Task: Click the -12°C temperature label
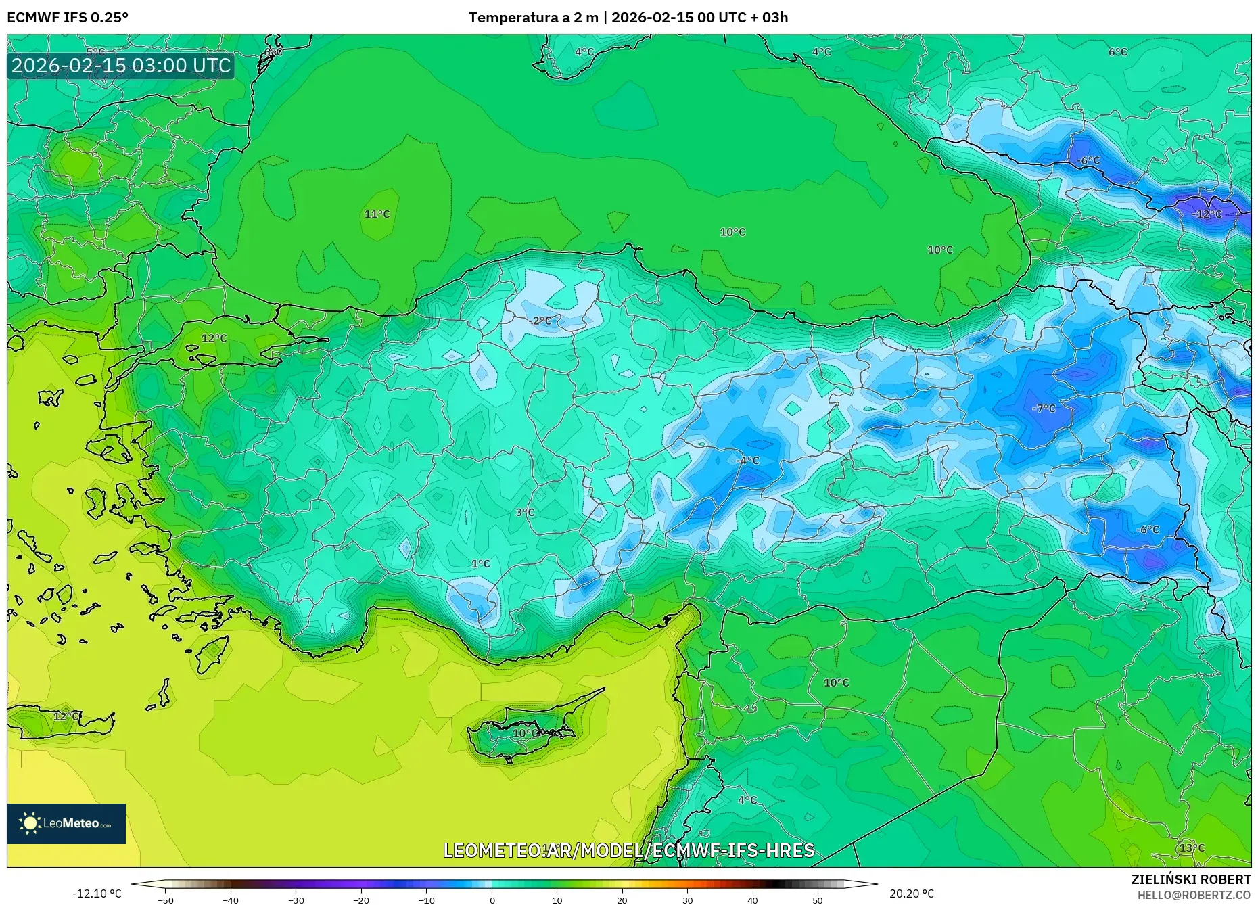point(1207,214)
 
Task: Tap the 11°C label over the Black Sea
point(377,214)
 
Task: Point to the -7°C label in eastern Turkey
point(1044,409)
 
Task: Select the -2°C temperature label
point(540,321)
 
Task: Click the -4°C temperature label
point(747,461)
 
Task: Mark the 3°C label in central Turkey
point(525,513)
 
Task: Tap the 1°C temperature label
point(480,564)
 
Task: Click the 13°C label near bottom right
point(1192,848)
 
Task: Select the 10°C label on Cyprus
point(525,734)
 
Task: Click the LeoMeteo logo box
point(66,823)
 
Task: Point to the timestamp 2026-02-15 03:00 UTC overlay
point(121,66)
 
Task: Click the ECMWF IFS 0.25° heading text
point(68,18)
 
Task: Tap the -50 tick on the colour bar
point(166,900)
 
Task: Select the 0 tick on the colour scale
point(492,900)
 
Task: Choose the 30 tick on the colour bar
point(687,900)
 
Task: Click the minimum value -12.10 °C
point(97,894)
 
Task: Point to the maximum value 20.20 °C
point(912,894)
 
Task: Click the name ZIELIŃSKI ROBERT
point(1190,879)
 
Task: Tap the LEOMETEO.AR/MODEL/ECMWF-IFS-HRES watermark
point(628,850)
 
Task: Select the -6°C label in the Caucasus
point(1088,161)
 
